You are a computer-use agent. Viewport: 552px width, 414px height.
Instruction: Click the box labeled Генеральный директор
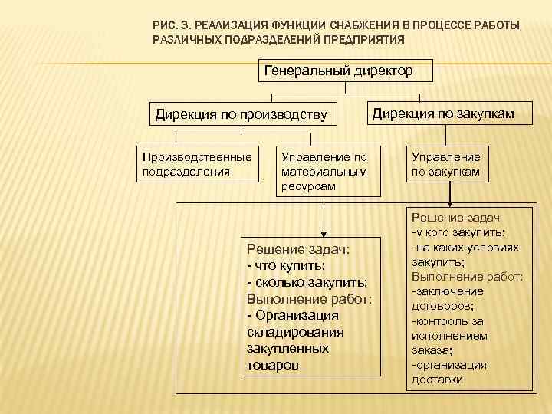click(x=338, y=71)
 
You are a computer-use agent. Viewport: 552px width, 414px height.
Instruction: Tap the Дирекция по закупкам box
click(x=443, y=114)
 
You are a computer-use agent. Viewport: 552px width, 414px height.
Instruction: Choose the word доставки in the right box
click(x=437, y=379)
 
